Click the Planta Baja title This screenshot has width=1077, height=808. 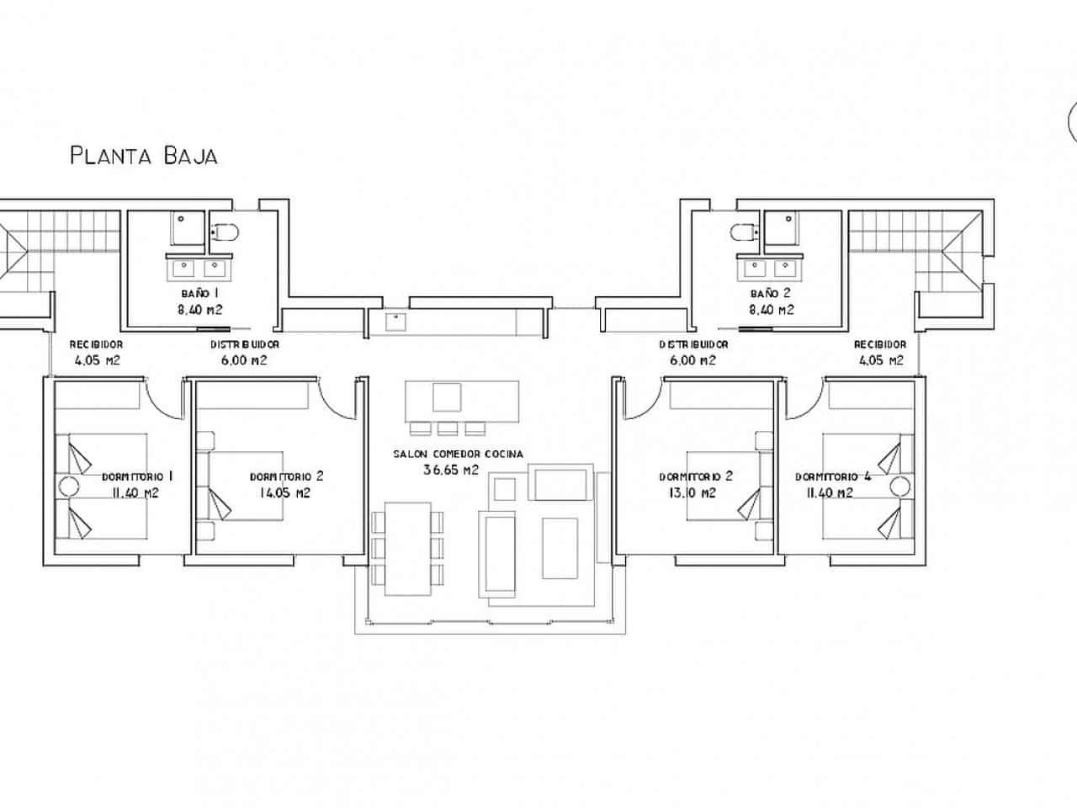[x=144, y=156]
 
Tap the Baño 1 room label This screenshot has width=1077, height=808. [x=200, y=294]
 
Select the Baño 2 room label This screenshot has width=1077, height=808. [x=770, y=294]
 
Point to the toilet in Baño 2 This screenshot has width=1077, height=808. [x=744, y=231]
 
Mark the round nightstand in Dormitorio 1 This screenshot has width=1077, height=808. [x=67, y=486]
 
